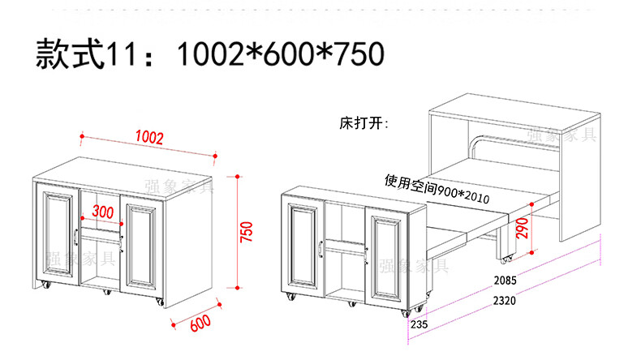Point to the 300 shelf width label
(103, 212)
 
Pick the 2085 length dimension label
(504, 282)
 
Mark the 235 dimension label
(419, 325)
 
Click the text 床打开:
(364, 125)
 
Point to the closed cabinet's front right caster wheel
(157, 303)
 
